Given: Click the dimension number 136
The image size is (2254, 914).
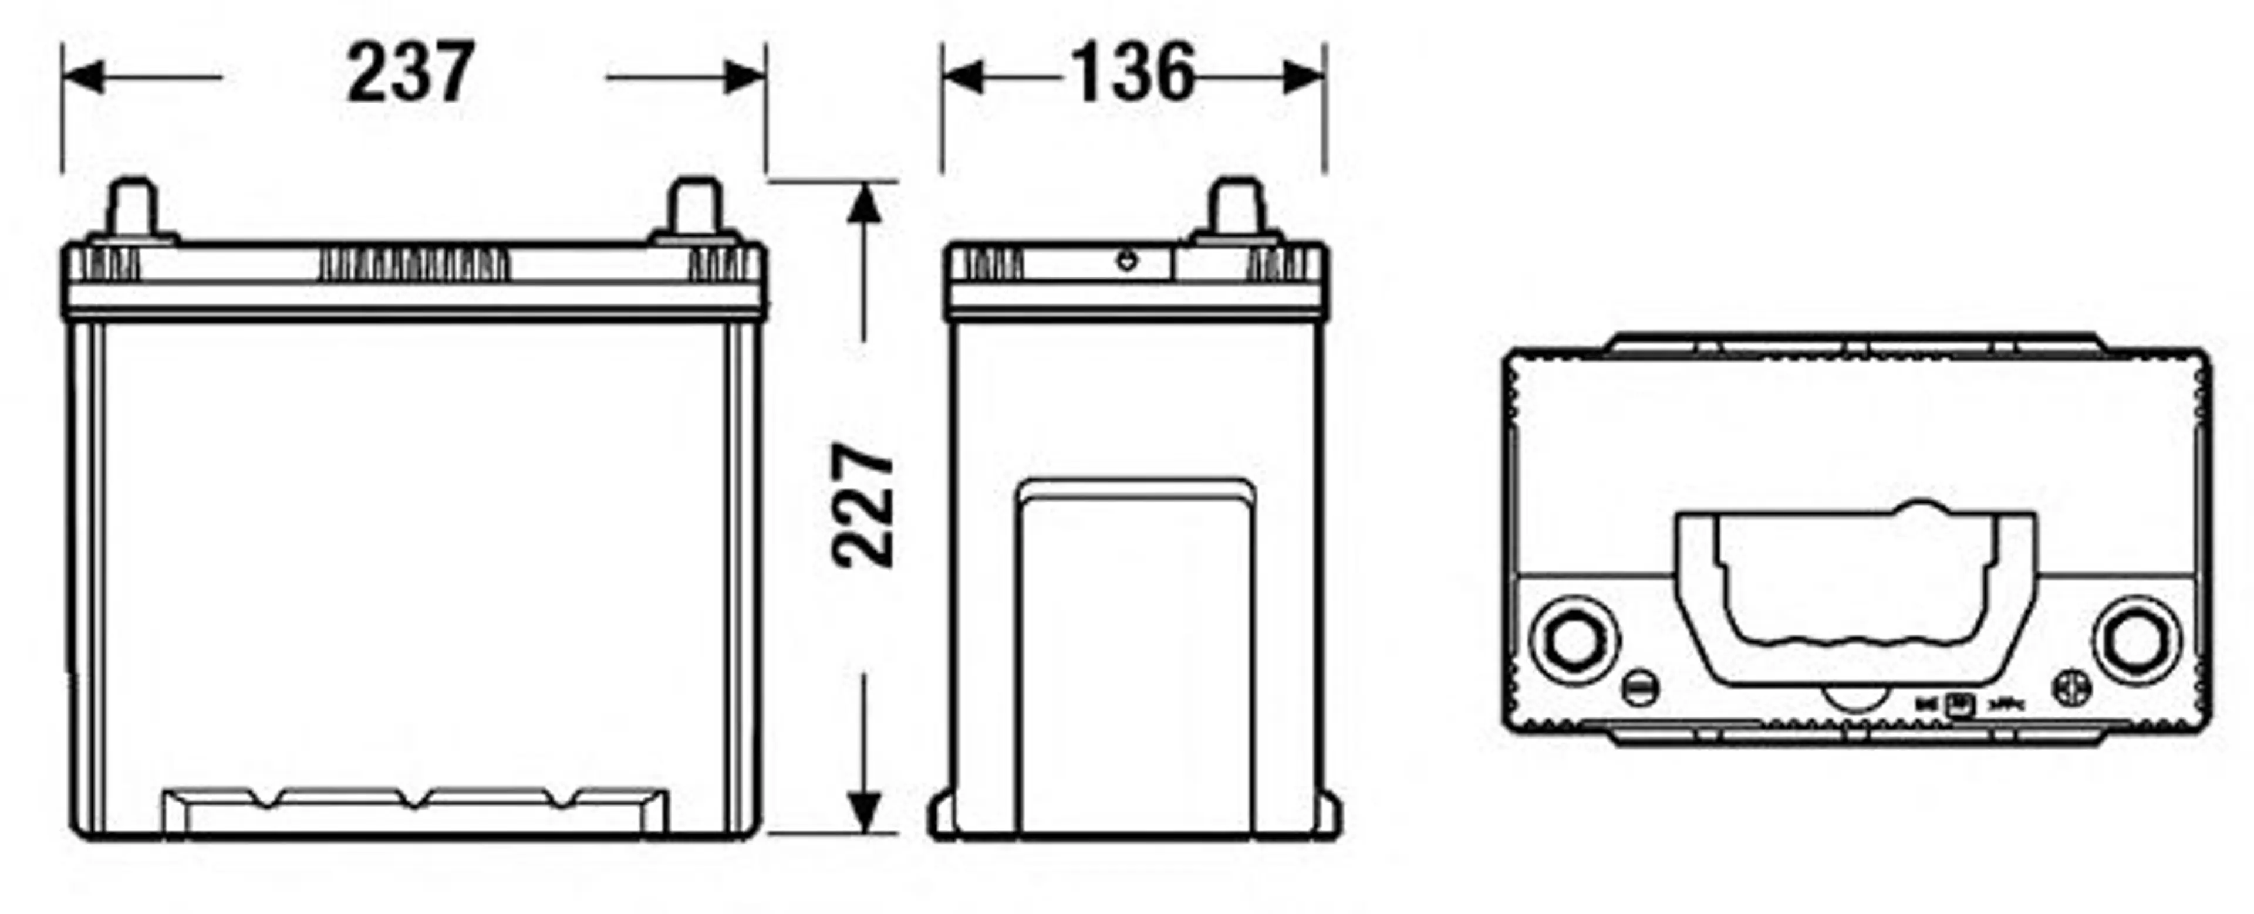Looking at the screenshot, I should click(x=1132, y=73).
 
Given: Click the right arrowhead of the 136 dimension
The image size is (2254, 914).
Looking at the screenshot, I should click(x=1303, y=78).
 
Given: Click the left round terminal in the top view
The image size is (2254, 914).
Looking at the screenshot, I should click(x=1573, y=640).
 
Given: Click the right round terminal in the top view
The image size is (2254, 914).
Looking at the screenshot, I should click(x=2136, y=640).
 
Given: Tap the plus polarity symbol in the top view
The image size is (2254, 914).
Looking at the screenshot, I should click(x=2074, y=688).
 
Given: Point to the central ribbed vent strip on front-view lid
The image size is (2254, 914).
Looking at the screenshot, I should click(x=414, y=264).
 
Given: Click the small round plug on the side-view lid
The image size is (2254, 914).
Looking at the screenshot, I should click(x=1127, y=260).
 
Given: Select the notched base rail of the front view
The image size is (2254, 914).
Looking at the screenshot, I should click(x=416, y=809).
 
